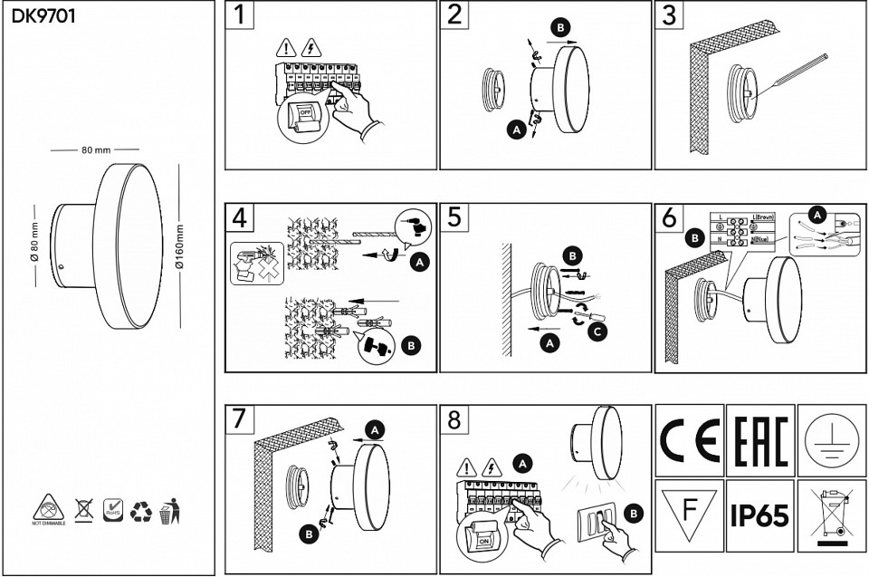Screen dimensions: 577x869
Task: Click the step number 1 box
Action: [x=238, y=15]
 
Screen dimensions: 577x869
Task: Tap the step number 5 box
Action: [x=454, y=217]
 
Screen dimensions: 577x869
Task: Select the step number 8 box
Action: [x=454, y=420]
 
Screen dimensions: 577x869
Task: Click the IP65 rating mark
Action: [x=759, y=516]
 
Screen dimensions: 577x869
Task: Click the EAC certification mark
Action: [x=759, y=439]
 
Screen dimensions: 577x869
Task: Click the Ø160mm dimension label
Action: [x=179, y=245]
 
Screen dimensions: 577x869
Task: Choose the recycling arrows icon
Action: [x=141, y=512]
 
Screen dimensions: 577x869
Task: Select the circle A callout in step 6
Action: [x=818, y=215]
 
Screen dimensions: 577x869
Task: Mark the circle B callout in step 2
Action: [x=561, y=29]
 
